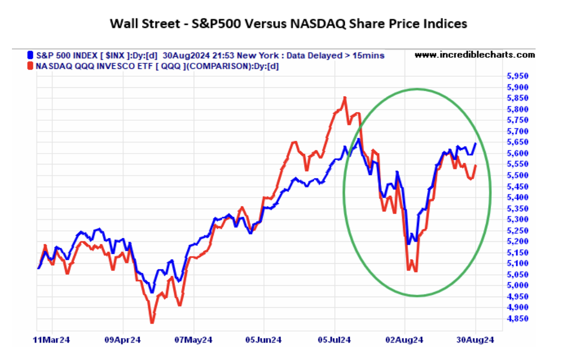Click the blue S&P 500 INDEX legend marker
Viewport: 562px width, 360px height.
[31, 55]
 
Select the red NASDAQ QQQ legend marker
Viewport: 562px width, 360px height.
[31, 65]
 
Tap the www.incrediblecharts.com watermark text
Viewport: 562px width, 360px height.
[474, 55]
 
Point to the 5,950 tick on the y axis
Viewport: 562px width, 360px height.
[516, 76]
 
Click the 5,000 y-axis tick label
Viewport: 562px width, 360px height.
[516, 285]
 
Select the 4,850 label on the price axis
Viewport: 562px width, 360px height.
[516, 318]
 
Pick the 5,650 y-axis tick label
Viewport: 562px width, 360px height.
[516, 142]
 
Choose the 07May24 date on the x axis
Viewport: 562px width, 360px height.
[194, 340]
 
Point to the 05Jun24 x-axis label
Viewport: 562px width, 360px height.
[265, 340]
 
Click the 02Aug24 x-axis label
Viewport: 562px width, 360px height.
[406, 340]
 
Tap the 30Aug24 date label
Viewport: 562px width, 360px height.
[476, 340]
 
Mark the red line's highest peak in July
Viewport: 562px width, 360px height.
[345, 97]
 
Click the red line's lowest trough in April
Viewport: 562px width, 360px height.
[152, 323]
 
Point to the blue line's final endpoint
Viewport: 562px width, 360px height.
[476, 144]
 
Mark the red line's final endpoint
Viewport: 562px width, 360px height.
[476, 166]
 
